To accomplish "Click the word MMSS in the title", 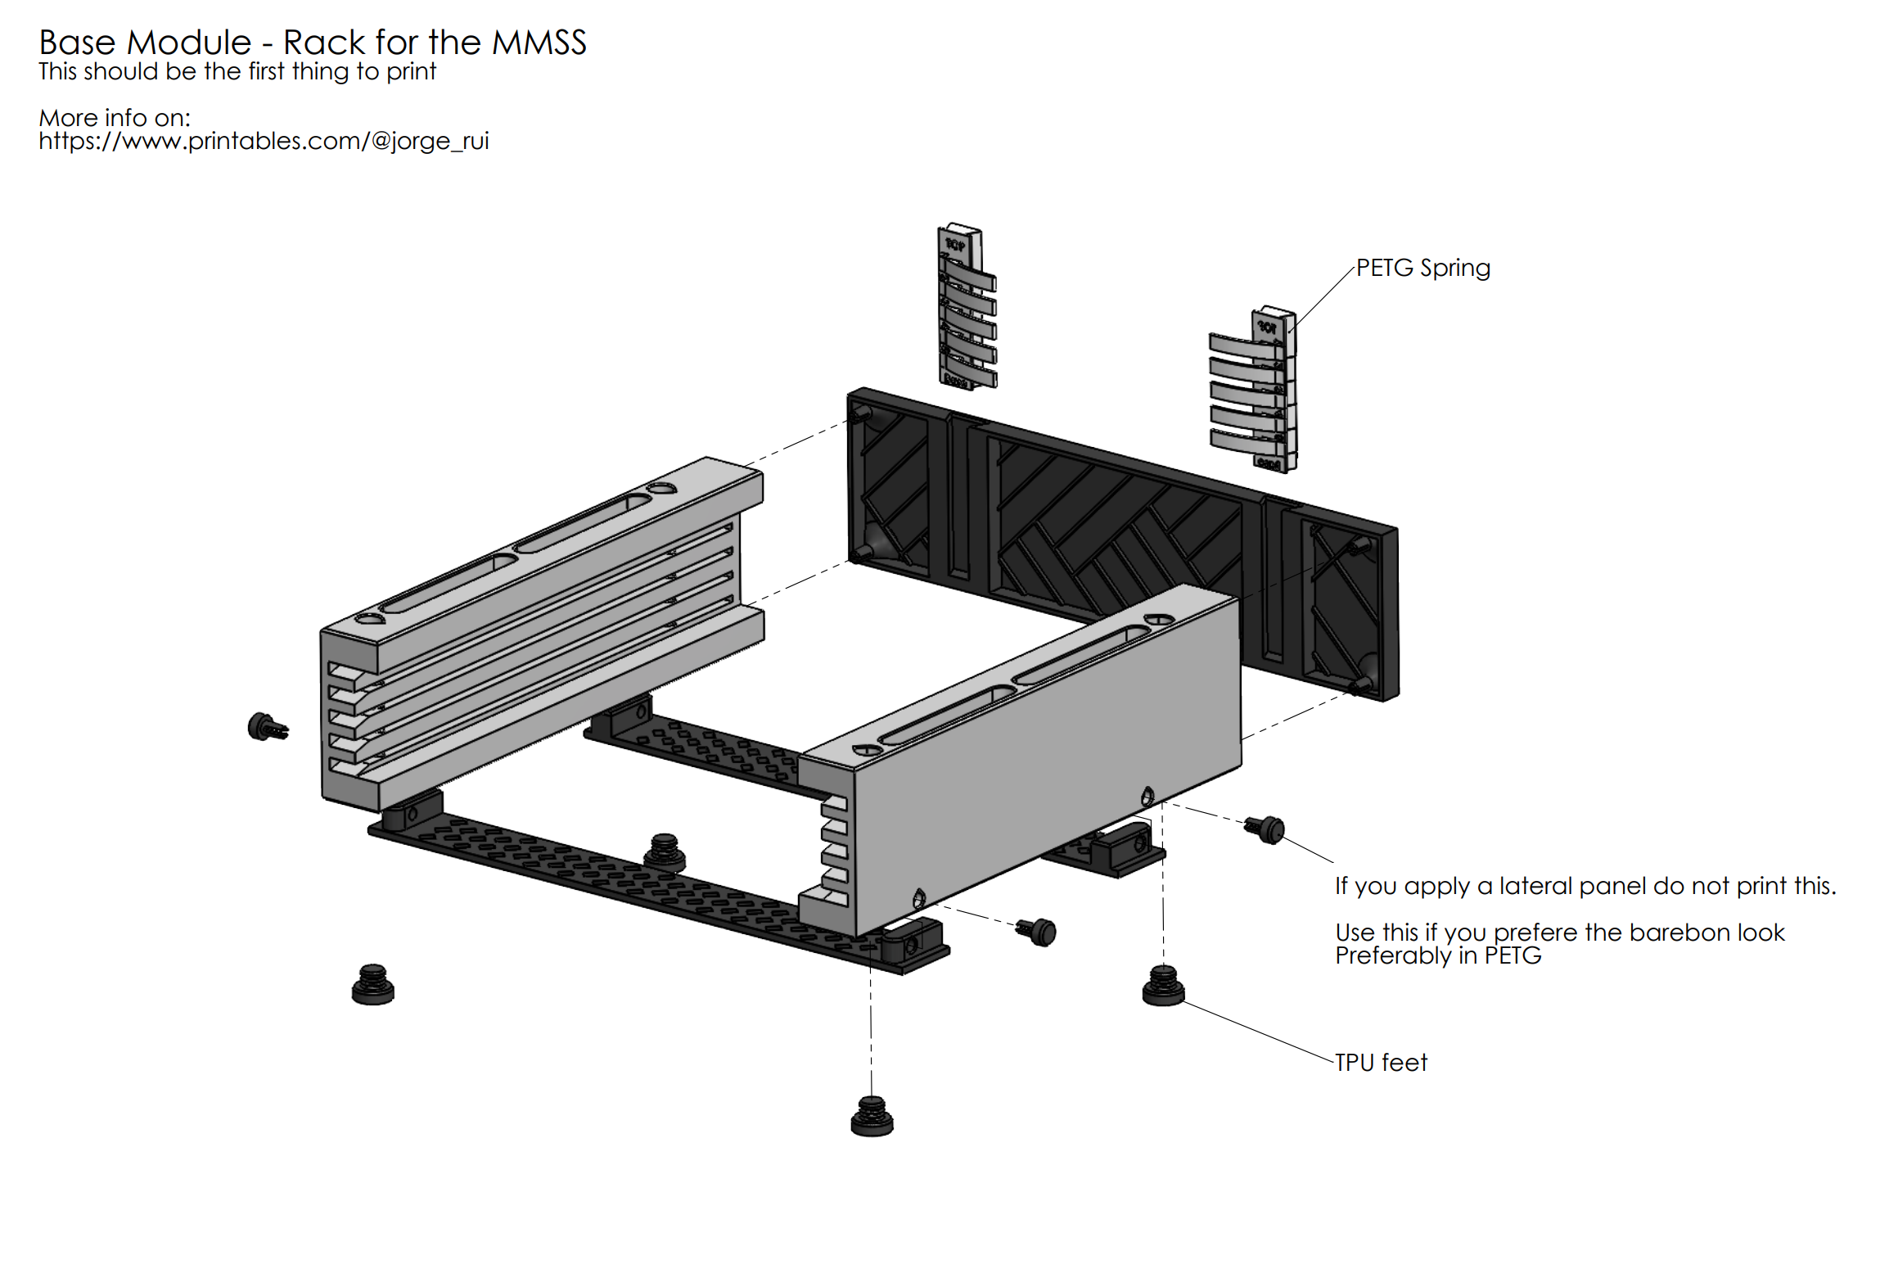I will [x=539, y=43].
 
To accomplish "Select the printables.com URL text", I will [x=264, y=141].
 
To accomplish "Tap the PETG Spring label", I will [x=1422, y=268].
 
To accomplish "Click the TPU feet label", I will [x=1381, y=1063].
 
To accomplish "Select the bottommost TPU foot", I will [x=872, y=1117].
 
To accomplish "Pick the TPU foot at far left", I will [x=372, y=984].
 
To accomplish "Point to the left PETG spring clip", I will [x=967, y=307].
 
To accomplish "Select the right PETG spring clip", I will [x=1253, y=391].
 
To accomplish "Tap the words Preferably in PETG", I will [x=1438, y=955].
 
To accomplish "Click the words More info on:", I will [x=115, y=118].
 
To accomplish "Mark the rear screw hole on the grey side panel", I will [x=1147, y=795].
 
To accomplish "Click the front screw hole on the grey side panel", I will [x=918, y=899].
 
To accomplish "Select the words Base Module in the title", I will [x=145, y=43].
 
